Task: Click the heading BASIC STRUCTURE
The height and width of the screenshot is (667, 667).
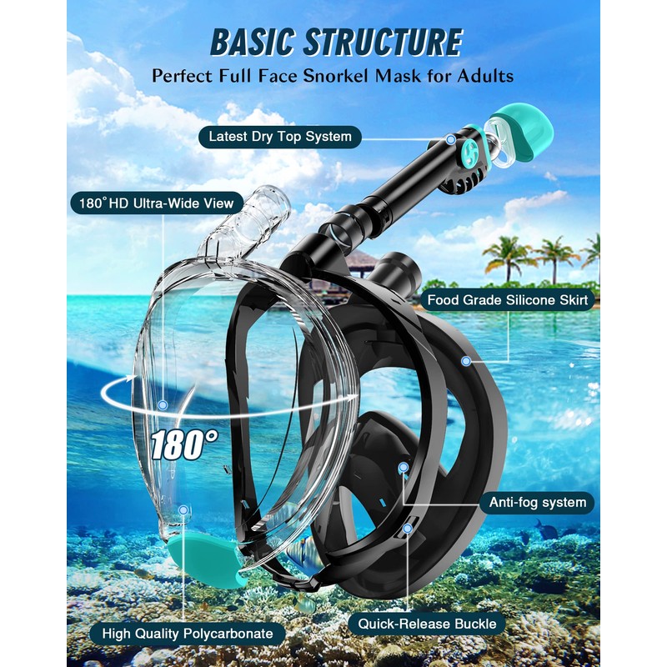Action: point(336,43)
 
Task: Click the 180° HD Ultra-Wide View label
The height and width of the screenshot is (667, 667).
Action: point(157,203)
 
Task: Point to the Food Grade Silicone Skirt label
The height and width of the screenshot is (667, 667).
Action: point(508,299)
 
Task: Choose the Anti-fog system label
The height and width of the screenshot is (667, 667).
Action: point(538,502)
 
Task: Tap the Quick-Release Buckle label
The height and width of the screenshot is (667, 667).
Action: point(427,622)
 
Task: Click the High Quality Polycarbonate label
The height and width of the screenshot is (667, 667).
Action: point(187,634)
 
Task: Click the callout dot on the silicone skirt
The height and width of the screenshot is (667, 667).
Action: point(466,361)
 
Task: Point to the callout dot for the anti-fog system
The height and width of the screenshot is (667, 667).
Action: point(404,469)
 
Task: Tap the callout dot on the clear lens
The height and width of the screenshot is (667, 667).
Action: point(163,405)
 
